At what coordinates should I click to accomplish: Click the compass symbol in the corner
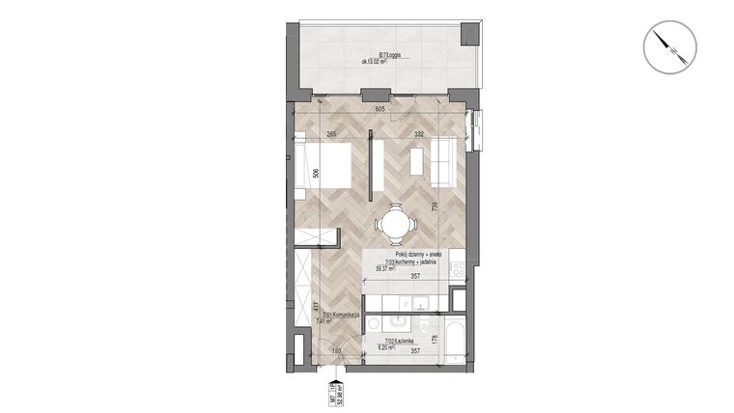663,46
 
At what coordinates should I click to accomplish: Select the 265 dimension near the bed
331,134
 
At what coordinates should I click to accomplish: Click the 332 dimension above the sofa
419,134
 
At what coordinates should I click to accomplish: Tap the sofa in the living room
442,163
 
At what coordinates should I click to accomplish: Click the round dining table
396,225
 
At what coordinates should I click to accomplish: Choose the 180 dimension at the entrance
337,353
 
